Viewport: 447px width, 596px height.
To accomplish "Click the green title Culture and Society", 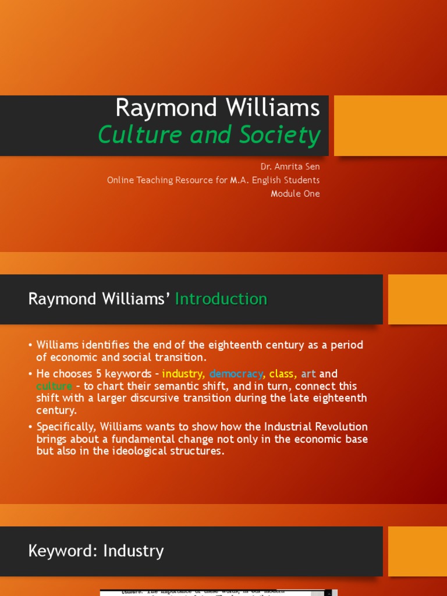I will pyautogui.click(x=209, y=135).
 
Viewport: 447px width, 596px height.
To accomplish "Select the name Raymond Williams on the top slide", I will pyautogui.click(x=217, y=108).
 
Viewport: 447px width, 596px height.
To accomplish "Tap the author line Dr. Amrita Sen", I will pyautogui.click(x=290, y=166).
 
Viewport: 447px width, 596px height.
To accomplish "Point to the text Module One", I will pyautogui.click(x=295, y=194).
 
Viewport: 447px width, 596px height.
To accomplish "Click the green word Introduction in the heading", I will pyautogui.click(x=221, y=299).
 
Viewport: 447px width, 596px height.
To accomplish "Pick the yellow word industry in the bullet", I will pyautogui.click(x=183, y=374).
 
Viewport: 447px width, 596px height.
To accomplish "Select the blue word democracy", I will pyautogui.click(x=236, y=374).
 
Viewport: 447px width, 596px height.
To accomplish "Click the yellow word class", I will pyautogui.click(x=282, y=374).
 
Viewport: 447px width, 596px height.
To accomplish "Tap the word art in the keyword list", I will pyautogui.click(x=308, y=374).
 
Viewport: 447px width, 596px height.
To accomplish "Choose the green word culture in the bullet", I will pyautogui.click(x=54, y=386).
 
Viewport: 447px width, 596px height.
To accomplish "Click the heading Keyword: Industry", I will pyautogui.click(x=96, y=551).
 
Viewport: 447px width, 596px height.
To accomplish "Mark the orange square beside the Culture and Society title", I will pyautogui.click(x=390, y=126).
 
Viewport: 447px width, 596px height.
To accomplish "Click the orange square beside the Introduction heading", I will pyautogui.click(x=417, y=299).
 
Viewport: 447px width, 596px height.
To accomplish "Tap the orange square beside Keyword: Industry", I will pyautogui.click(x=417, y=551).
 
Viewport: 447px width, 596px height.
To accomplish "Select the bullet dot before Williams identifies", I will pyautogui.click(x=30, y=345).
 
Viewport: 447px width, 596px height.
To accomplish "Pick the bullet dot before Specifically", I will pyautogui.click(x=30, y=427).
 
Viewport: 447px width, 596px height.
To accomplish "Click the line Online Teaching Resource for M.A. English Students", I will pyautogui.click(x=213, y=180).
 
